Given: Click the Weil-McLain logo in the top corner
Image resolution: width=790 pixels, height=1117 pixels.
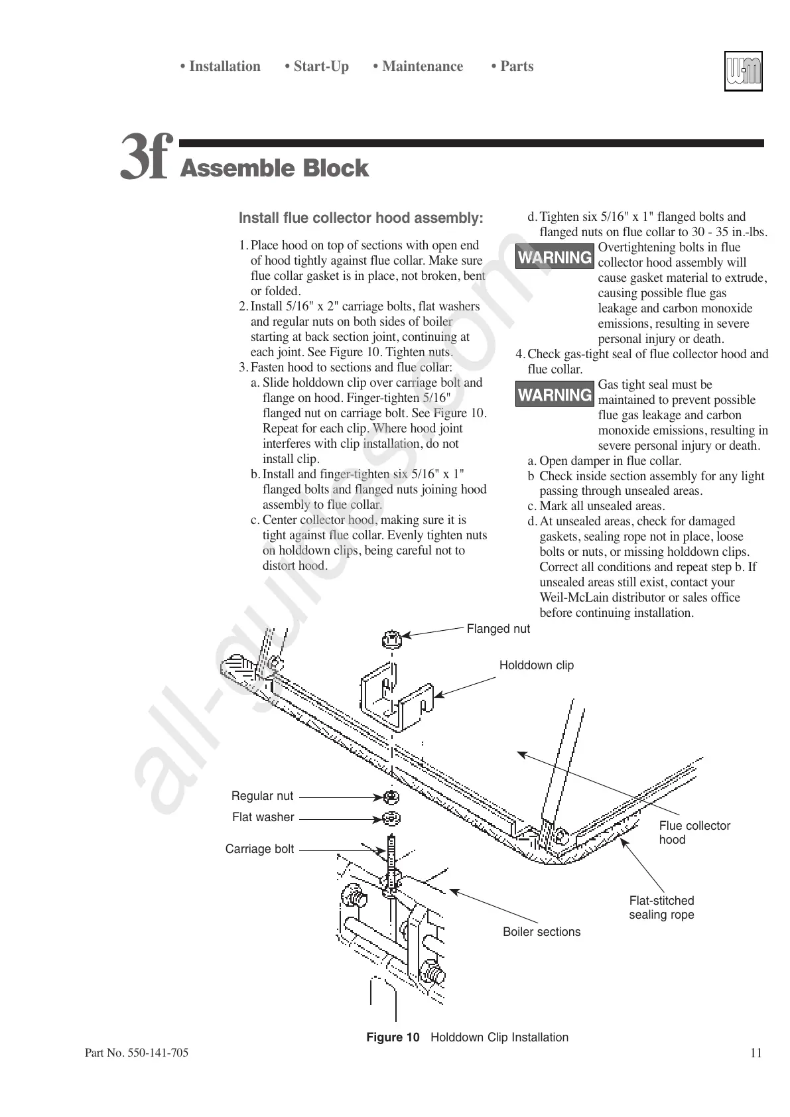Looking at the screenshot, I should pos(743,71).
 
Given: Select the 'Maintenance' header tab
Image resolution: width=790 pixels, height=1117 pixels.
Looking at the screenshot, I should pos(418,66).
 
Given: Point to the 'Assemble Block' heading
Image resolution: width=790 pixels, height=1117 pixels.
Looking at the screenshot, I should pos(274,168).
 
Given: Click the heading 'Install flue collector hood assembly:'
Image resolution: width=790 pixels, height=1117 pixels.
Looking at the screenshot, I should pos(361,218).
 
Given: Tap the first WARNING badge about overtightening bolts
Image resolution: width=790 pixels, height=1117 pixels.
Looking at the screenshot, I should pos(555,257).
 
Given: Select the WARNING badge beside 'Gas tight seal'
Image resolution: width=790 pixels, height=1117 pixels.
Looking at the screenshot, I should pos(555,395).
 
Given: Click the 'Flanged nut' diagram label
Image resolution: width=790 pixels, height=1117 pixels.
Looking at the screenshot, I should pos(498,629).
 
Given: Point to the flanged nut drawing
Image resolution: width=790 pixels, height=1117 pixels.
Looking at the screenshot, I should pos(391,640).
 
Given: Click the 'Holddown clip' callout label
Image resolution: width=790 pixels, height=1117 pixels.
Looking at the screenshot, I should pos(536,665).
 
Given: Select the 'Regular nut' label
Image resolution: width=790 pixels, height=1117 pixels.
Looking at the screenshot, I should pos(262,796).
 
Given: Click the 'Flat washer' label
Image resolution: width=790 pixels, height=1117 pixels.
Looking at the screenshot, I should pos(263,817).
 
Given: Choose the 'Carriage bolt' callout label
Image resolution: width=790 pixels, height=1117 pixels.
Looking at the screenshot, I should pos(259,849).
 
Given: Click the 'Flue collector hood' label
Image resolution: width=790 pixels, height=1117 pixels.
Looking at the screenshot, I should pos(694,832).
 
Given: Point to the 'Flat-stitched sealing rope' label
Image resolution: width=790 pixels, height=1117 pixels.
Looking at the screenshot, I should pos(661,907).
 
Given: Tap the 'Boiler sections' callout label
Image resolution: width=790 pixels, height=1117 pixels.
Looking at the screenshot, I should pos(541,932).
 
